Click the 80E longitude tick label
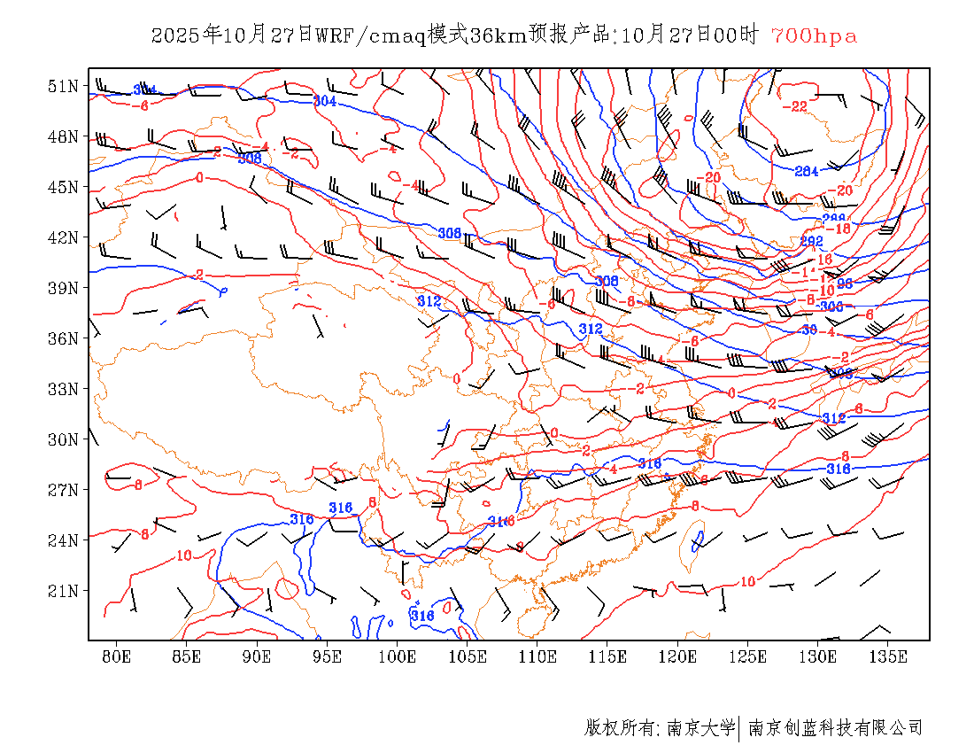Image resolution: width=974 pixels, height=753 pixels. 116,656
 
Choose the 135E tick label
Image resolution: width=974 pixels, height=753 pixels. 888,656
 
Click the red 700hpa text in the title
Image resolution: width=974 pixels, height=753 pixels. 814,35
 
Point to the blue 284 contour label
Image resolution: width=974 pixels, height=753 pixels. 806,171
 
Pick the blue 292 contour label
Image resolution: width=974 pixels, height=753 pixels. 812,241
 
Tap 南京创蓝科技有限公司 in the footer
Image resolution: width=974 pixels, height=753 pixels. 835,728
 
